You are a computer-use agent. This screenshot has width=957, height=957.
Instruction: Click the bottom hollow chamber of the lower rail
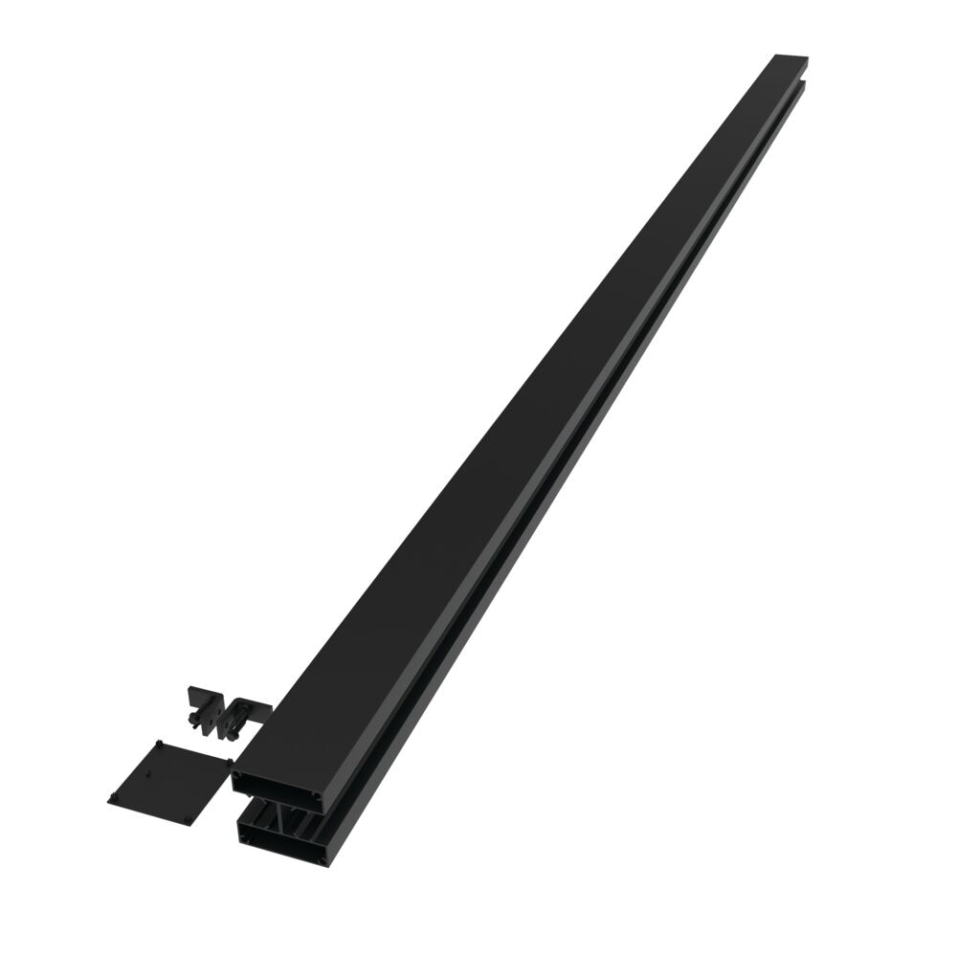click(x=284, y=847)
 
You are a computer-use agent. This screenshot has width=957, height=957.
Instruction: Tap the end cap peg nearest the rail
click(x=229, y=762)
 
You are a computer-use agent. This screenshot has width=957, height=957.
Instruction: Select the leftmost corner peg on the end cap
click(x=113, y=797)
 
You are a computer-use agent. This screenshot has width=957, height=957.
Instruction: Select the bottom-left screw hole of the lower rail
click(x=245, y=837)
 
